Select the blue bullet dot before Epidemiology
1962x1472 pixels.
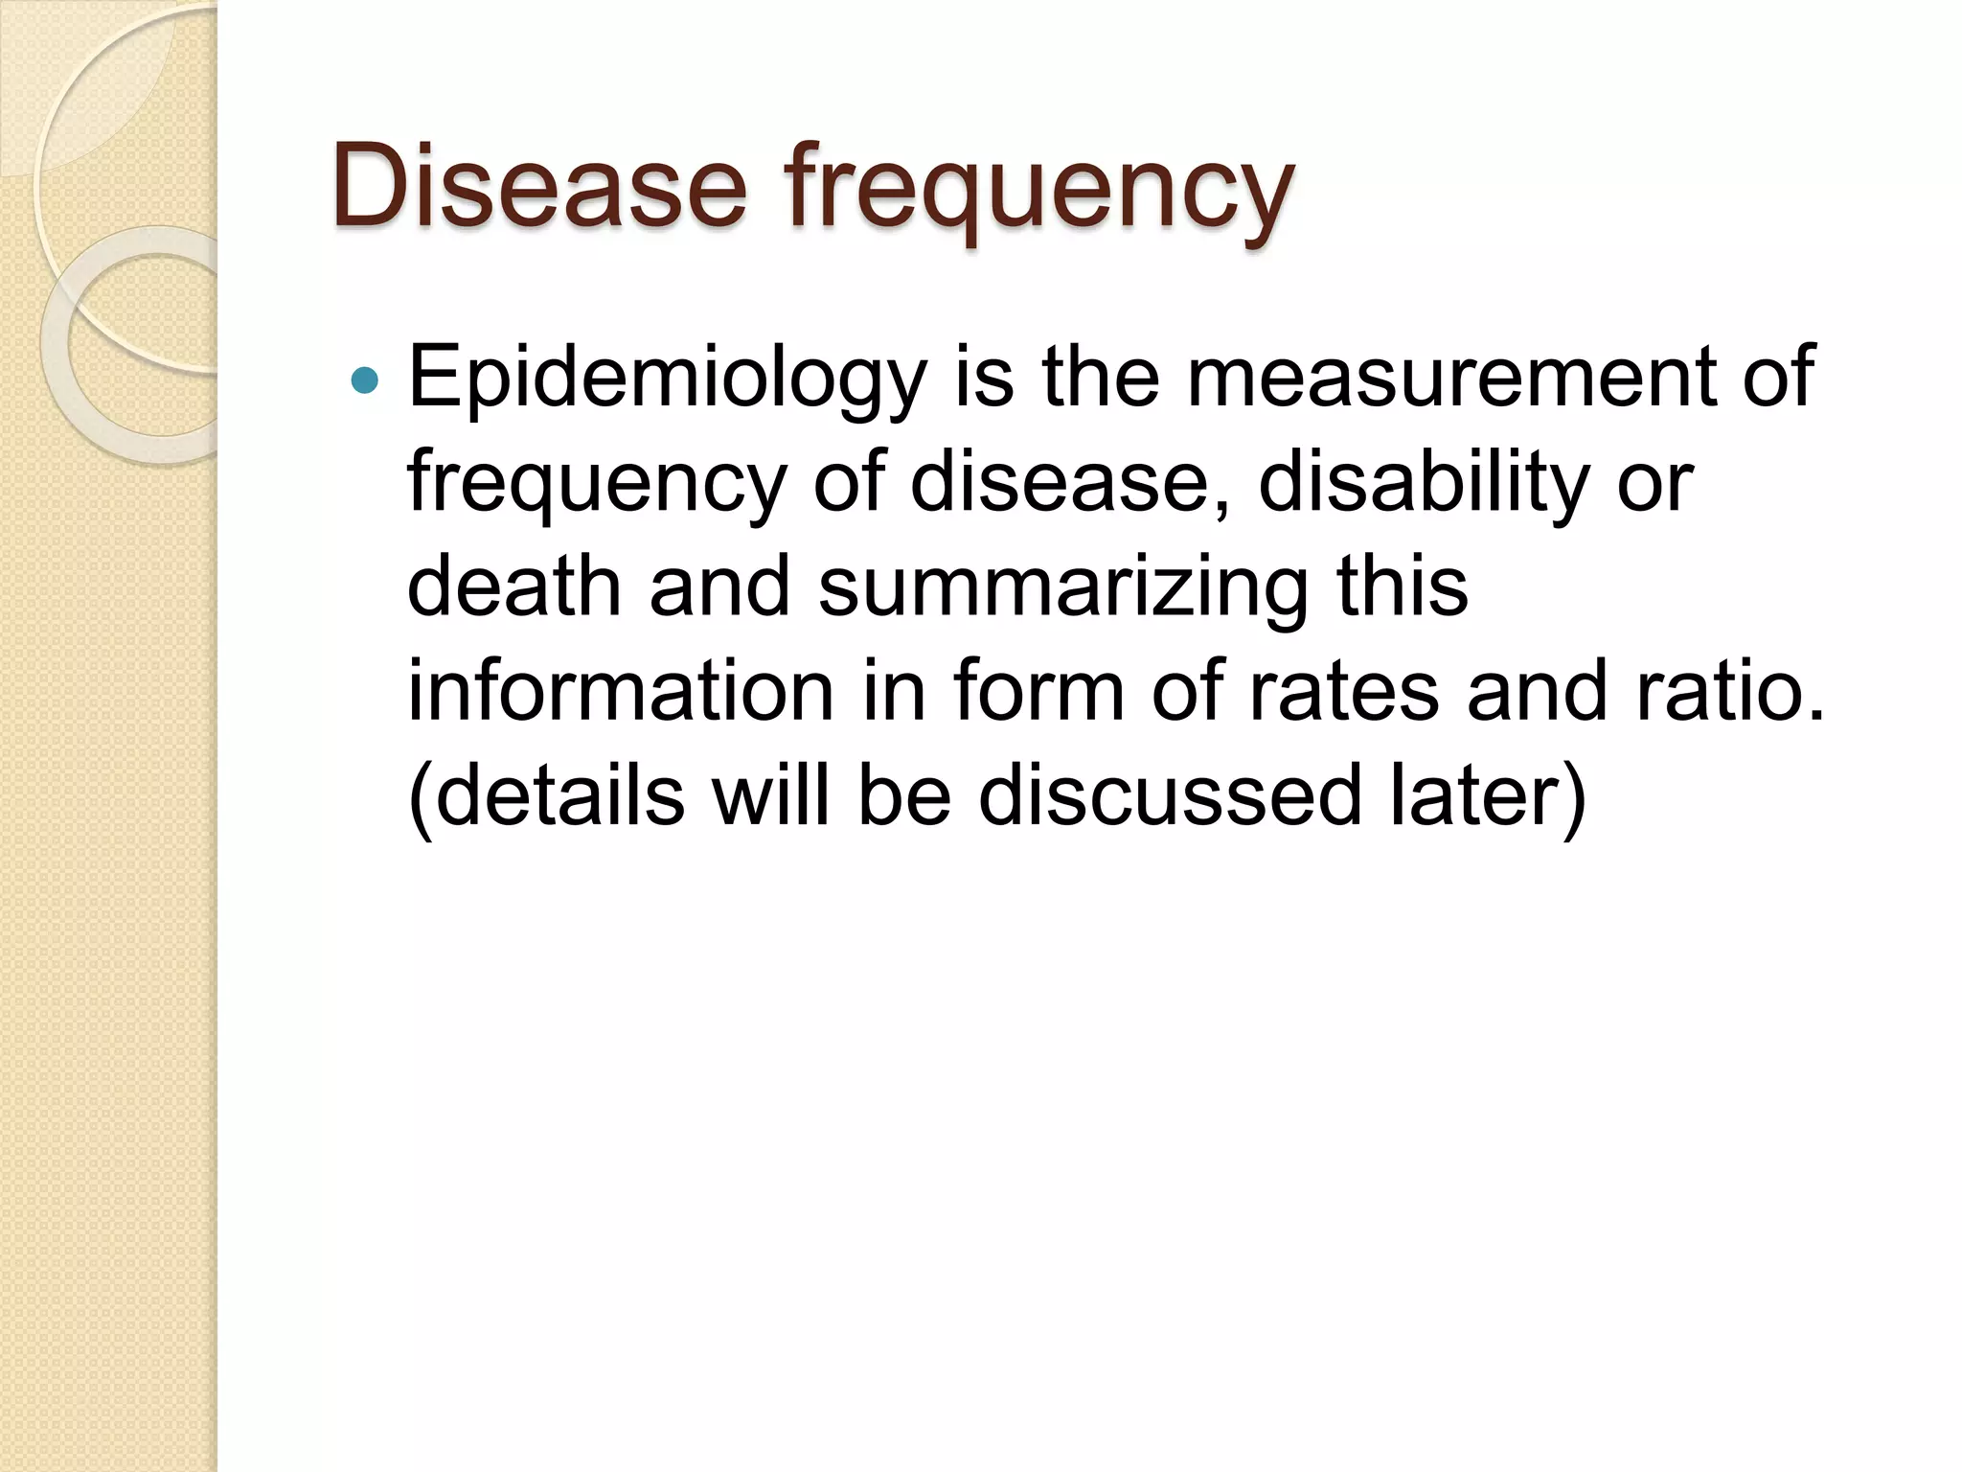click(x=365, y=381)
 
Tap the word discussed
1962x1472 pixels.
click(x=1170, y=795)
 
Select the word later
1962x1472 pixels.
click(x=1476, y=795)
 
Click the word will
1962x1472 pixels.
click(x=769, y=795)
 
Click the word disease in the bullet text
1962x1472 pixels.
click(x=1068, y=483)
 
